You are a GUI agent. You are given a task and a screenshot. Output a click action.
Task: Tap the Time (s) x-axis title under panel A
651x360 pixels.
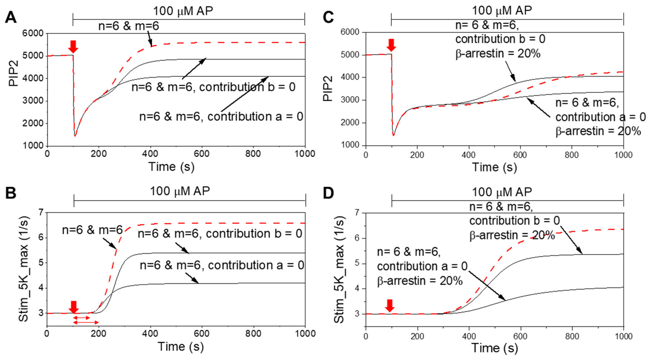coord(171,167)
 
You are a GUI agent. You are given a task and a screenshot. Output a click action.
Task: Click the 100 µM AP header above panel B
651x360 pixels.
coord(180,191)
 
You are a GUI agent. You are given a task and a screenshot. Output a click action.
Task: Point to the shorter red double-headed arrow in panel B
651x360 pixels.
coord(81,318)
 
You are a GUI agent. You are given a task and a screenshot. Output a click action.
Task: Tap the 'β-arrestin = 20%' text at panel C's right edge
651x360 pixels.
coord(598,131)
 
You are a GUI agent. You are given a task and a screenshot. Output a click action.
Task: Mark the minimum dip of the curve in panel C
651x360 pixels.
coord(393,135)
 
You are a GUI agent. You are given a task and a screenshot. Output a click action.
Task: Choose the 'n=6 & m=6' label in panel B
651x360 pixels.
coord(93,230)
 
